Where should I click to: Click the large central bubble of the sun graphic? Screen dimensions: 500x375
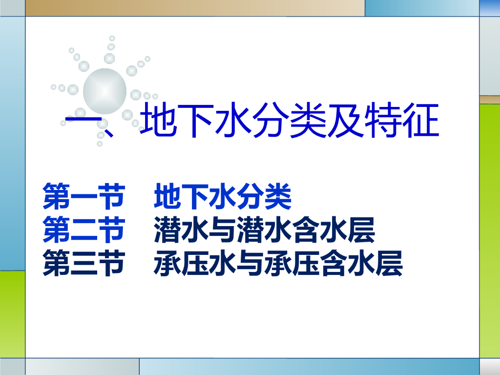[x=104, y=91]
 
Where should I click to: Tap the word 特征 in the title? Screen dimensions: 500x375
[x=402, y=121]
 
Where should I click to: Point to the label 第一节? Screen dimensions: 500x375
[x=83, y=196]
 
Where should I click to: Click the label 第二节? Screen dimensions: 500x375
[x=83, y=229]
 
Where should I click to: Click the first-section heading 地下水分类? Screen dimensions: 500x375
[x=223, y=196]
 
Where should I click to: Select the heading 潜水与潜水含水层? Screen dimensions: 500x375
[x=264, y=229]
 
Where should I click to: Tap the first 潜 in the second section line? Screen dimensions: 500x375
[x=168, y=229]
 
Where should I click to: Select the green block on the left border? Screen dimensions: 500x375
[x=12, y=314]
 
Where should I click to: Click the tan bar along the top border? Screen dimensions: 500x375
[x=195, y=8]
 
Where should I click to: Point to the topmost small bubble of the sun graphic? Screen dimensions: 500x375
[x=112, y=39]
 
